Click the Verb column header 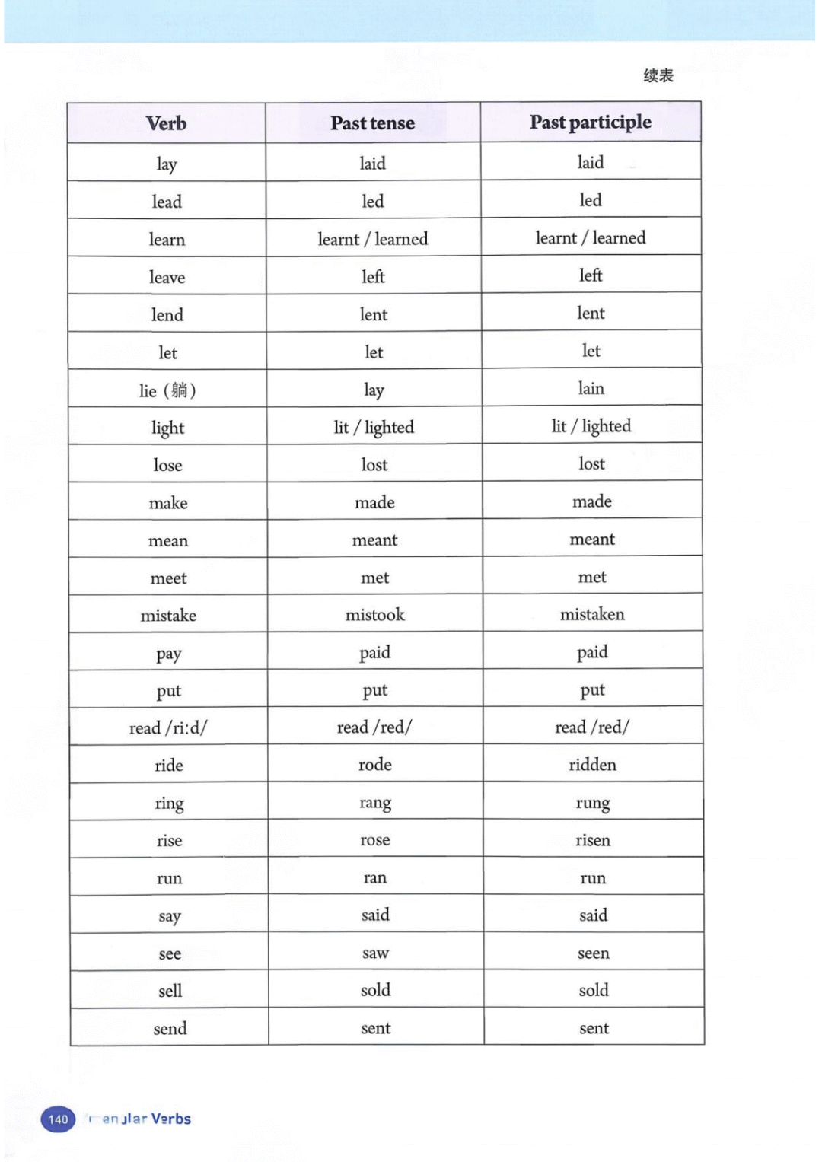click(x=166, y=123)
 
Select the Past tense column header click(x=372, y=123)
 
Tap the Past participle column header click(x=591, y=123)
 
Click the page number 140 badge click(x=58, y=1119)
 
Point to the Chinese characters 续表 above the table click(x=658, y=75)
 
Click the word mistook click(x=374, y=615)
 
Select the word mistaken click(x=592, y=614)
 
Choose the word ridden click(x=592, y=765)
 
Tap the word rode click(x=374, y=765)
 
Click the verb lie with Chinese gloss click(x=167, y=390)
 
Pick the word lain click(x=591, y=389)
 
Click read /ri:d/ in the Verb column click(x=168, y=728)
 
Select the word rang click(x=374, y=803)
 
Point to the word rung click(x=592, y=803)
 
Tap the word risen click(x=592, y=840)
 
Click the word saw click(x=375, y=953)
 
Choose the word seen click(x=593, y=953)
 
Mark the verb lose click(x=167, y=465)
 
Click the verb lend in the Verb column click(x=167, y=315)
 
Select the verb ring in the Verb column click(x=169, y=804)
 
